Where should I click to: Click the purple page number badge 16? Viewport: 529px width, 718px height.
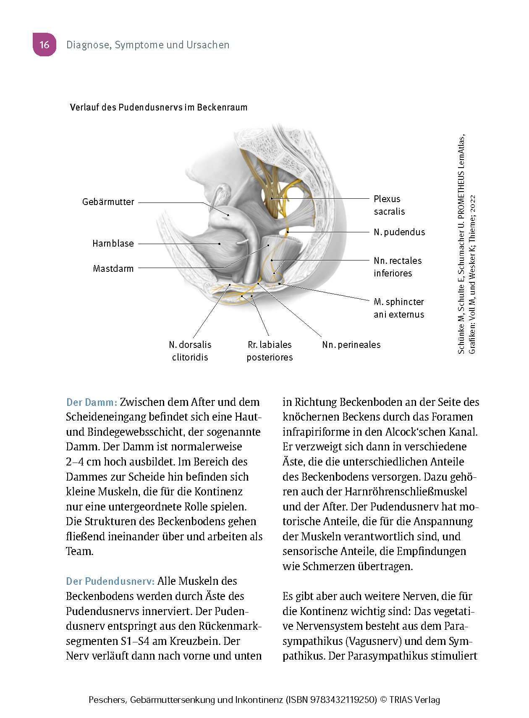point(44,45)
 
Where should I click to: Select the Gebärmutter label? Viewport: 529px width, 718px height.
point(108,202)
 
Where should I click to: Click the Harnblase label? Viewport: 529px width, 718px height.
point(113,244)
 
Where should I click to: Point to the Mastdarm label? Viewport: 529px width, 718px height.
point(113,269)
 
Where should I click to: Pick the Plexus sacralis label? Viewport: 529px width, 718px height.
point(389,205)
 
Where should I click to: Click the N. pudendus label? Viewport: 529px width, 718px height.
point(399,232)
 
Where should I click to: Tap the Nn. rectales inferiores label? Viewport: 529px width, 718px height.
point(398,267)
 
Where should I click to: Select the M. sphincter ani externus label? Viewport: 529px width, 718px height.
point(399,308)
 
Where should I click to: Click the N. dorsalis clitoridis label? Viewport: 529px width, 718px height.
point(190,351)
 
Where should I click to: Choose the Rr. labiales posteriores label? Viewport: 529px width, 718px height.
point(270,351)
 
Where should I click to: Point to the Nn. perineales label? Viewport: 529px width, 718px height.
point(351,345)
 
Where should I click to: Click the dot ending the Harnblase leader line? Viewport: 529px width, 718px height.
point(219,244)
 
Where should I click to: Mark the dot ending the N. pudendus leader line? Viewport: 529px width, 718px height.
point(288,232)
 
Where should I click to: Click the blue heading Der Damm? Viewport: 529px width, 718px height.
point(92,402)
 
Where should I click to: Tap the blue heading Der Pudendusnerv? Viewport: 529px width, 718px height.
point(110,581)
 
